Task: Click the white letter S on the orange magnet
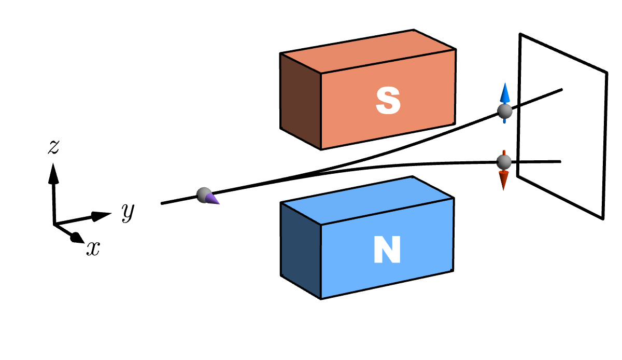point(388,101)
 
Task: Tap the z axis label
point(53,147)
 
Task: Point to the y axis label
point(128,212)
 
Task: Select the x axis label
point(93,250)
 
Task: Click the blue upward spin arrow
point(504,94)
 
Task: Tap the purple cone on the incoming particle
point(213,199)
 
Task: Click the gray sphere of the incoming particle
point(204,195)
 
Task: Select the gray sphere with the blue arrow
point(504,111)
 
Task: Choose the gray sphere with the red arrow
point(503,162)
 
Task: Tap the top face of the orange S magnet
point(368,51)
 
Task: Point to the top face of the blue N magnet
point(367,200)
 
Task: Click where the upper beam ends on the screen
point(562,90)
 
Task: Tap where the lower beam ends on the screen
point(560,162)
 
